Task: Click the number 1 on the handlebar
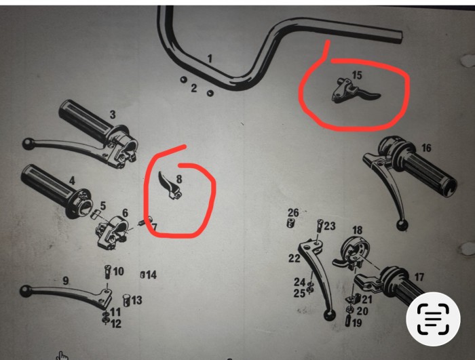tap(210, 58)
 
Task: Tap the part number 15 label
tap(357, 75)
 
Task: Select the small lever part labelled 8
tap(170, 185)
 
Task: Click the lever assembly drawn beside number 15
tap(354, 91)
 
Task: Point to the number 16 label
tap(426, 148)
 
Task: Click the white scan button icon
tap(433, 319)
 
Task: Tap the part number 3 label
tap(113, 115)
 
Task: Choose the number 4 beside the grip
tap(72, 181)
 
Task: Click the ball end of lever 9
tap(26, 292)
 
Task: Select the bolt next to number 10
tap(108, 272)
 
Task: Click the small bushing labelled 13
tap(127, 300)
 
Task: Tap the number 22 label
tap(294, 258)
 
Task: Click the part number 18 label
tap(357, 230)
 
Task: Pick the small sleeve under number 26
tap(290, 222)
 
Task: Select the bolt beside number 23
tap(320, 226)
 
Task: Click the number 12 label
tap(116, 323)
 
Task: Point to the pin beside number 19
tap(348, 321)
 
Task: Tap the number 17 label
tap(419, 277)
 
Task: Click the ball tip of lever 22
tap(330, 315)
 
